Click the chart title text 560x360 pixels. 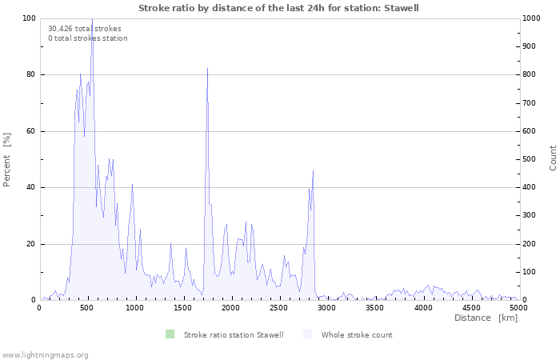278,8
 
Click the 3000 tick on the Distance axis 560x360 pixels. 326,307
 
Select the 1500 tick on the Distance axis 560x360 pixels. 182,307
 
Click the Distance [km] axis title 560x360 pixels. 486,318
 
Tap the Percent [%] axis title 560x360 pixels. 8,159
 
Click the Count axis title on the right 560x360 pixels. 553,158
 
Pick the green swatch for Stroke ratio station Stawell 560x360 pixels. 170,334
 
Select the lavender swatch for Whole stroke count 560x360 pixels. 307,334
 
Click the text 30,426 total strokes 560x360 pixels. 85,29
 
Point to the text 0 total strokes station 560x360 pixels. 88,38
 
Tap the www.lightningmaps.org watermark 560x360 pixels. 45,354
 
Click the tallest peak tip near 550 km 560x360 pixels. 92,19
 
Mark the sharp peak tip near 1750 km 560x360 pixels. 207,69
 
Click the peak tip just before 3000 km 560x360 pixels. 313,170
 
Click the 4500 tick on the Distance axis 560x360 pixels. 470,307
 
